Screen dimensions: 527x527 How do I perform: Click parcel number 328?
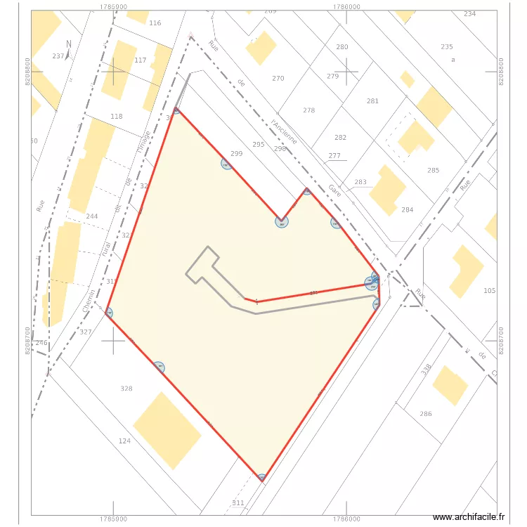pos(126,389)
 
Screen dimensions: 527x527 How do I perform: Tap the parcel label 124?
pos(124,441)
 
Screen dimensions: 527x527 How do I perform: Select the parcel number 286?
pos(426,414)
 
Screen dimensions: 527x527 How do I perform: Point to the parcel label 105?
pos(490,291)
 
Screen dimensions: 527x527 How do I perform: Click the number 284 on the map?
pos(408,210)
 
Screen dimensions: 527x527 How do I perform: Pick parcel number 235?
pos(447,46)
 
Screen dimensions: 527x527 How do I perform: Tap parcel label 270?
pos(278,79)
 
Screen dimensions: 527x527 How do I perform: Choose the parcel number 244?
pos(91,216)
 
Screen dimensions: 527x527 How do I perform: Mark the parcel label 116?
pos(155,23)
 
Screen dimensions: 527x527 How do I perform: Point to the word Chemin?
pos(89,300)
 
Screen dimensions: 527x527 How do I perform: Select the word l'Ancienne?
pos(285,131)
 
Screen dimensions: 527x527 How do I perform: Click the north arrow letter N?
pos(68,44)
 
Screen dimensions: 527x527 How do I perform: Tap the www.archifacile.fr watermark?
pos(469,517)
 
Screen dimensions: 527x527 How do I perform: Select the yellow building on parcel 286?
pos(450,385)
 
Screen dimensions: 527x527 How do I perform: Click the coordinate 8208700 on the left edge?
pos(28,340)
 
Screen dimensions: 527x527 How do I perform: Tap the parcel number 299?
pos(237,154)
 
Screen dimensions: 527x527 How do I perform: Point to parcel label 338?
pos(426,370)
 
